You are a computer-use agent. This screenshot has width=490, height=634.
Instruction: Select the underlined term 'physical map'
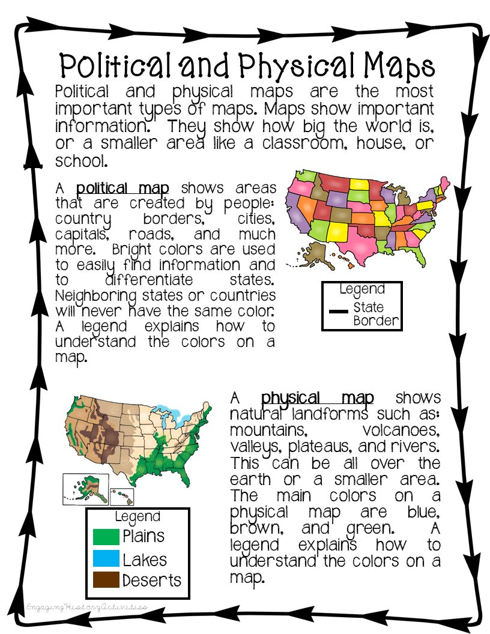point(317,397)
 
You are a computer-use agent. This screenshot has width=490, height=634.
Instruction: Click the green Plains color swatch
point(106,536)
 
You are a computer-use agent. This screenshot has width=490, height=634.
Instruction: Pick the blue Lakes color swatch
point(106,559)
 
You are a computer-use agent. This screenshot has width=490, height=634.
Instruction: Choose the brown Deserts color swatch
point(106,581)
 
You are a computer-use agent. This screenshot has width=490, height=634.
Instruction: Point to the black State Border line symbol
point(339,312)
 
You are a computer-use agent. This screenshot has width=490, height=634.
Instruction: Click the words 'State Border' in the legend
point(375,313)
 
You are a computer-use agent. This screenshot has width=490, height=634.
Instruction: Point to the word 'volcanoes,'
point(401,431)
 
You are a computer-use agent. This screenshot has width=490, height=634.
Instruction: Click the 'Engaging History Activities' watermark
point(86,608)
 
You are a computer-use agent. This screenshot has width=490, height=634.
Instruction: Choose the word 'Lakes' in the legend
point(145,560)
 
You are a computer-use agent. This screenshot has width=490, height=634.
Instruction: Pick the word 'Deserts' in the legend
point(151,581)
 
